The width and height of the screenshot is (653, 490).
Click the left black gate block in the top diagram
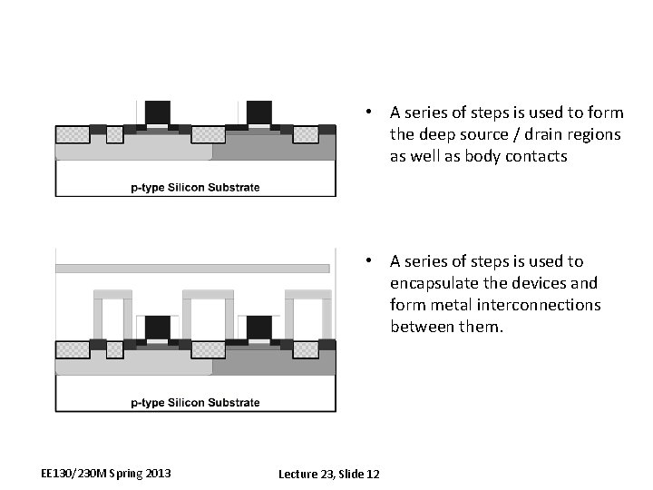pyautogui.click(x=159, y=113)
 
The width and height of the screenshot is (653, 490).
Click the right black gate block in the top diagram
pyautogui.click(x=258, y=113)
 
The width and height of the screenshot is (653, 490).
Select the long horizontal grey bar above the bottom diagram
pyautogui.click(x=192, y=269)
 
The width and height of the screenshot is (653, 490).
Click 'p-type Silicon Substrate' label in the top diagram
pyautogui.click(x=195, y=188)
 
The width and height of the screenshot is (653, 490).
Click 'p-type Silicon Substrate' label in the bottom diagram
pyautogui.click(x=195, y=402)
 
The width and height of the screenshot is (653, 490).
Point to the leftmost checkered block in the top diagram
pyautogui.click(x=73, y=135)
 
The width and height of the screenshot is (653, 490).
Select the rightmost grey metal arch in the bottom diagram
pyautogui.click(x=307, y=296)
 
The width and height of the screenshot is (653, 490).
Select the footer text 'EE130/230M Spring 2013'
pyautogui.click(x=106, y=474)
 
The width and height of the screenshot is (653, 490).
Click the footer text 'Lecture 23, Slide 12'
pyautogui.click(x=329, y=475)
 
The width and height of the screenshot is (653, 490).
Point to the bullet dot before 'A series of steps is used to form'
pyautogui.click(x=370, y=113)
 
